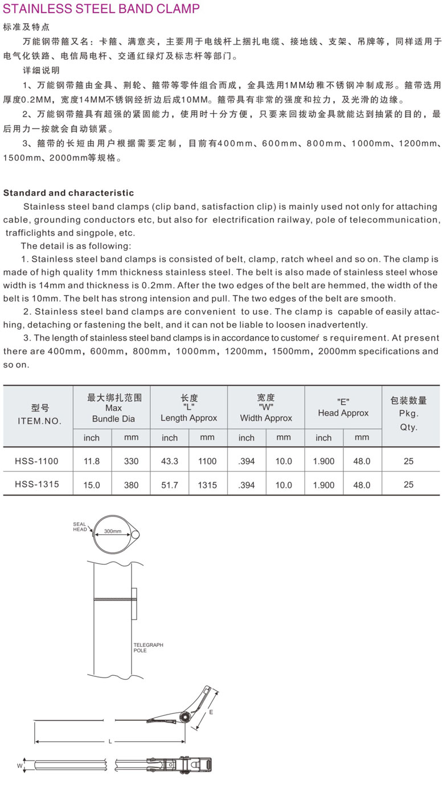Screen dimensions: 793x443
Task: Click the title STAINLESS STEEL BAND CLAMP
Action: click(x=102, y=9)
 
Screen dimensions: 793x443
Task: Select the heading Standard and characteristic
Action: click(x=69, y=193)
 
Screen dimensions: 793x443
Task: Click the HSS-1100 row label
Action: click(x=36, y=461)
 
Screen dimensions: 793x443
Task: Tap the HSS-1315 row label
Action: click(x=36, y=484)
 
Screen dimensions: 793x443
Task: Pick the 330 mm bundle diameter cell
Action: click(x=131, y=461)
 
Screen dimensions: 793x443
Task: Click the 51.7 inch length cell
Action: click(x=170, y=485)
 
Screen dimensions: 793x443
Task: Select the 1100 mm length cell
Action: click(x=207, y=461)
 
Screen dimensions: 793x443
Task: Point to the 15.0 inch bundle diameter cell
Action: click(x=92, y=485)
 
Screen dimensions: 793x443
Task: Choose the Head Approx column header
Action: click(x=343, y=408)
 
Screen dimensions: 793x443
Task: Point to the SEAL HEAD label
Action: click(x=80, y=527)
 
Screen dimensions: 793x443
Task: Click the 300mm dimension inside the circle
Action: click(x=113, y=531)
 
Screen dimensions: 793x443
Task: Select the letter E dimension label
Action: click(x=210, y=712)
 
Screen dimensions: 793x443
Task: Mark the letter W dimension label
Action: click(x=19, y=766)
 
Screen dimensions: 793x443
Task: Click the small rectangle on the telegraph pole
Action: click(x=134, y=604)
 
